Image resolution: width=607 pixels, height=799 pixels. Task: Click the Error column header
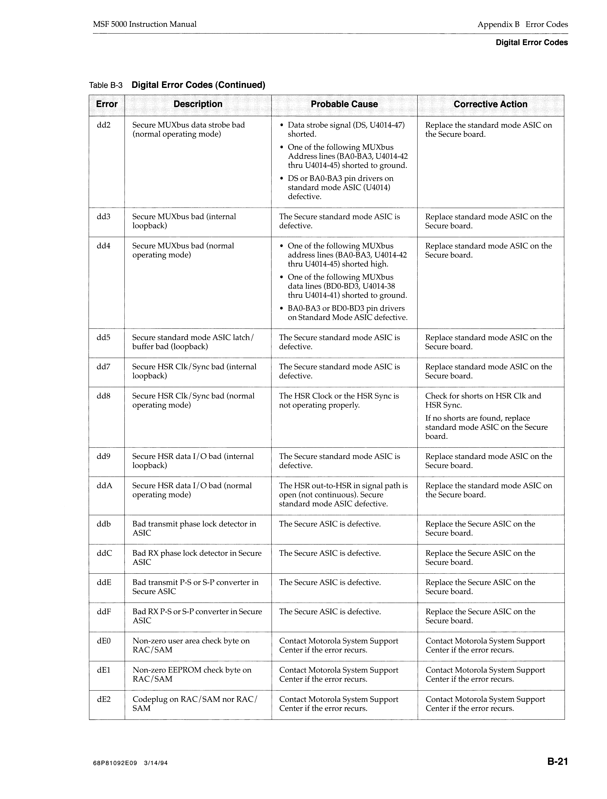[107, 104]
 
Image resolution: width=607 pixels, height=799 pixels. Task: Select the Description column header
[198, 104]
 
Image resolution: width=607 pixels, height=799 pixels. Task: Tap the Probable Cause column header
[344, 104]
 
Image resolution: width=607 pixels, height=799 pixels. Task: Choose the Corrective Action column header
[490, 104]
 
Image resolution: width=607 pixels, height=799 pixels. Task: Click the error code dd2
[104, 125]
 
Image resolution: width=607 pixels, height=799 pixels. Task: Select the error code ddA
[104, 485]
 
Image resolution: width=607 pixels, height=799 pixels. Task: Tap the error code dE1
[104, 670]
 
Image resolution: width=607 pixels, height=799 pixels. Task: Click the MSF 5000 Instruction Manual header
[145, 24]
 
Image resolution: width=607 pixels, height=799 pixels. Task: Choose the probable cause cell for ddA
[343, 494]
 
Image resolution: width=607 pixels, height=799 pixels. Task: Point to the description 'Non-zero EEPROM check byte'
[192, 674]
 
